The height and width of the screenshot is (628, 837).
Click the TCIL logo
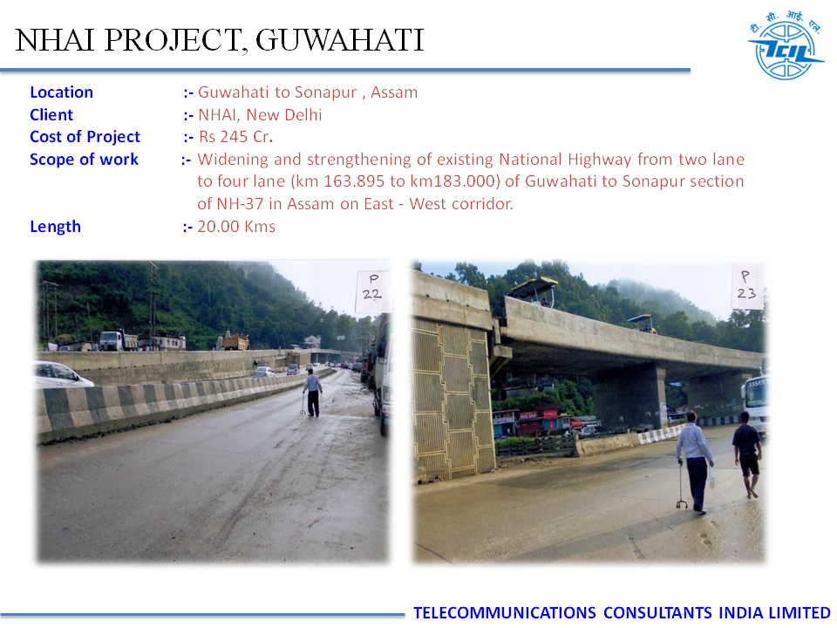[x=786, y=46]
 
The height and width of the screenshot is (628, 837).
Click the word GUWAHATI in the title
[x=339, y=40]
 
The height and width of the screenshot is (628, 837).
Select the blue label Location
[x=61, y=92]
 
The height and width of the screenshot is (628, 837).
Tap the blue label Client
[x=51, y=115]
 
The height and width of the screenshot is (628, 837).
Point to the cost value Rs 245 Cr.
[x=236, y=137]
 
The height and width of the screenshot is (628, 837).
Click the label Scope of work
[x=85, y=159]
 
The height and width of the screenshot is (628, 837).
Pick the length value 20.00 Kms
[x=236, y=227]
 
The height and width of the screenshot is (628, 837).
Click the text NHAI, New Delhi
[x=260, y=115]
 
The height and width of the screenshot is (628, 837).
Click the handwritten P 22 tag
[x=372, y=290]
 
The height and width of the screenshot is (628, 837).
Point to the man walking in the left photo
[x=312, y=392]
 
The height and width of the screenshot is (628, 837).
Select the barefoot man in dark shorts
[x=748, y=454]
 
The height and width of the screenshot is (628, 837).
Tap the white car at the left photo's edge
[x=61, y=374]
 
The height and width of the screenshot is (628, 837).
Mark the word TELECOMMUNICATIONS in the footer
[x=505, y=612]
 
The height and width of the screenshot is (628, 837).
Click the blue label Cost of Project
[x=85, y=137]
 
